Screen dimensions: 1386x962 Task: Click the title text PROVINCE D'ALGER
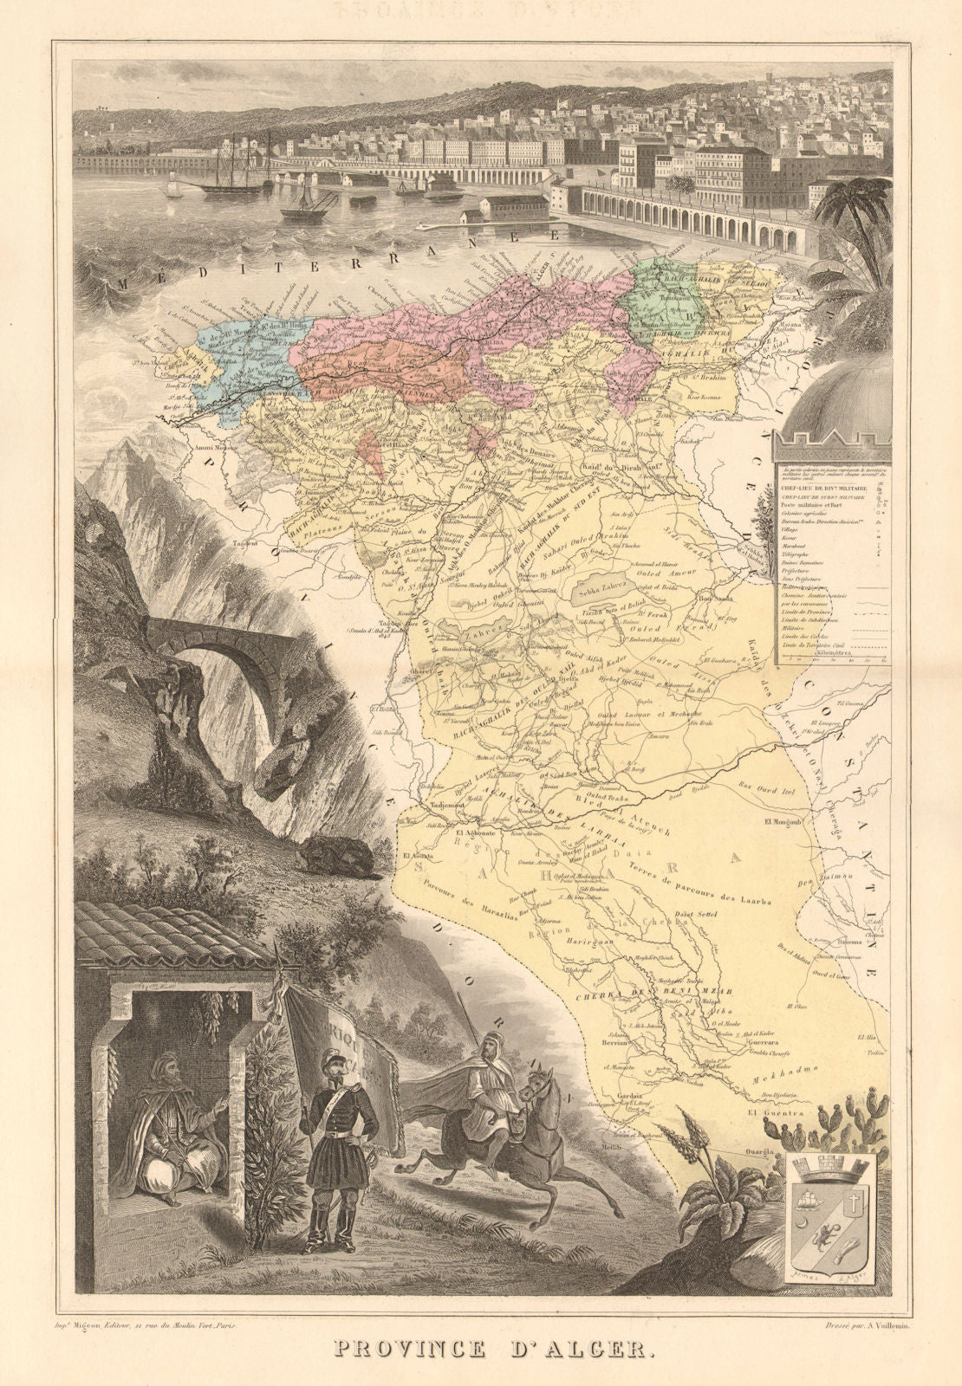482,1349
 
